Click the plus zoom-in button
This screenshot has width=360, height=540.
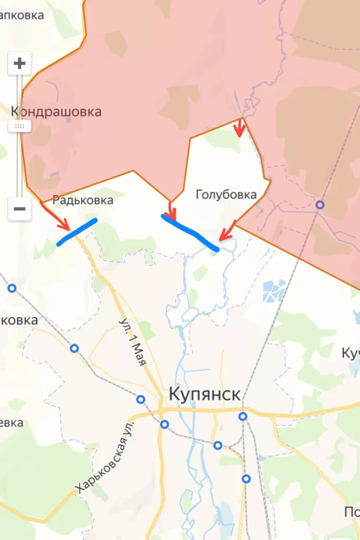[20, 64]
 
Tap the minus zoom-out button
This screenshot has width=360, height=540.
[20, 209]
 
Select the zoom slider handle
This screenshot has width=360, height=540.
[20, 126]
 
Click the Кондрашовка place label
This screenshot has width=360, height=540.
[56, 112]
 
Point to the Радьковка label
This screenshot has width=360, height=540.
[83, 200]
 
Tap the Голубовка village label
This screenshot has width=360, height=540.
[226, 195]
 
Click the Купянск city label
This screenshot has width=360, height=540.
[205, 394]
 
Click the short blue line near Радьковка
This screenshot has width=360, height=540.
[77, 232]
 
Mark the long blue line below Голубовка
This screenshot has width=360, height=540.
[190, 232]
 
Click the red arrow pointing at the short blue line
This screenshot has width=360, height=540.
[56, 217]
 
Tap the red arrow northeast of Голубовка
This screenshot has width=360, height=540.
[240, 128]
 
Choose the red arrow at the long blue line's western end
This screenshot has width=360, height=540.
[170, 209]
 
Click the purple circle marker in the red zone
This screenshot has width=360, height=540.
[320, 205]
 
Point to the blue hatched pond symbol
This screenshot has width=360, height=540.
[274, 290]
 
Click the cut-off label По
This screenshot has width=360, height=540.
[352, 512]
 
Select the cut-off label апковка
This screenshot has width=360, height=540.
[22, 15]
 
